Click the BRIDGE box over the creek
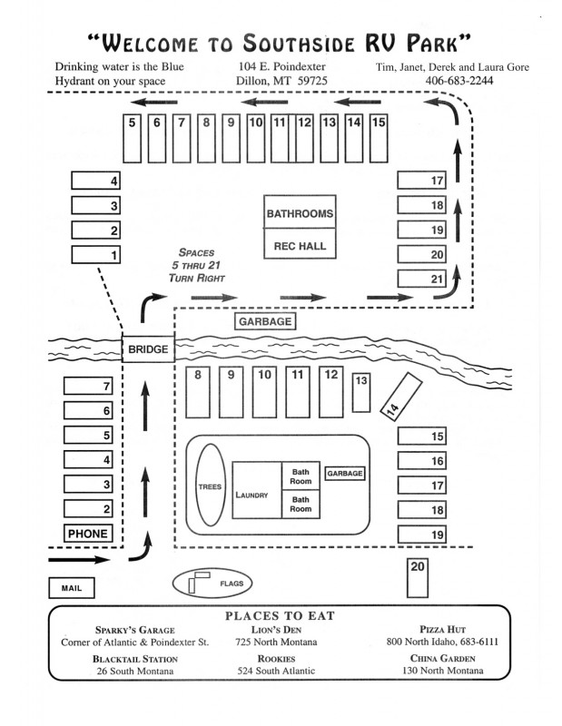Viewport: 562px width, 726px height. [x=147, y=348]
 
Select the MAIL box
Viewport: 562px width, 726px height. [x=72, y=588]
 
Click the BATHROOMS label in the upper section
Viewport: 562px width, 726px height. [x=300, y=215]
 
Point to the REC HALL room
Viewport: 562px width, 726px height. [x=300, y=246]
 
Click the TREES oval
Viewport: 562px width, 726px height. [x=210, y=486]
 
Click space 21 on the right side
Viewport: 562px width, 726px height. [x=424, y=279]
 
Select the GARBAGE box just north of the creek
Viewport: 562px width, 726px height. [x=266, y=321]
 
